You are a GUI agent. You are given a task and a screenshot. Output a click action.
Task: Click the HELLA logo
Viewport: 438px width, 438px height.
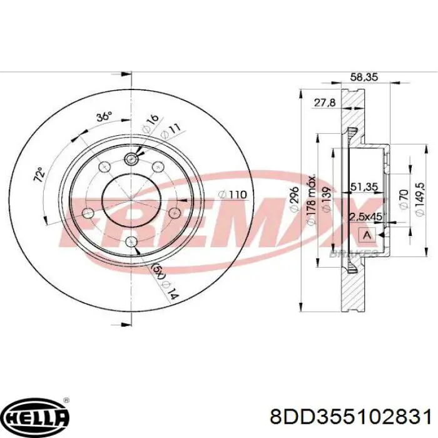click(x=37, y=417)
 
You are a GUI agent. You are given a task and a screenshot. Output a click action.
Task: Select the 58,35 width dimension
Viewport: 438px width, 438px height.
click(x=364, y=76)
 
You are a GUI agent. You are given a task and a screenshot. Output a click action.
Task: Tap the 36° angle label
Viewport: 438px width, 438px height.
click(x=104, y=116)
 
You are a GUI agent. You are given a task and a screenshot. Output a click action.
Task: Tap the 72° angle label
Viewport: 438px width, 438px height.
click(x=39, y=175)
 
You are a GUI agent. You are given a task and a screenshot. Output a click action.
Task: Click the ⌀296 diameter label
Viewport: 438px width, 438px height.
click(x=295, y=200)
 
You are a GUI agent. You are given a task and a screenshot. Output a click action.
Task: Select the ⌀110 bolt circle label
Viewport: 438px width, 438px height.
click(x=232, y=195)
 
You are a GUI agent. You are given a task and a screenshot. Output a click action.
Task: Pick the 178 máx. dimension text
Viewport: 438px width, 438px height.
click(x=311, y=200)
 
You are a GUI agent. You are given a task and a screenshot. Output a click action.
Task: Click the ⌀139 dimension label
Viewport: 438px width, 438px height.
click(x=326, y=199)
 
